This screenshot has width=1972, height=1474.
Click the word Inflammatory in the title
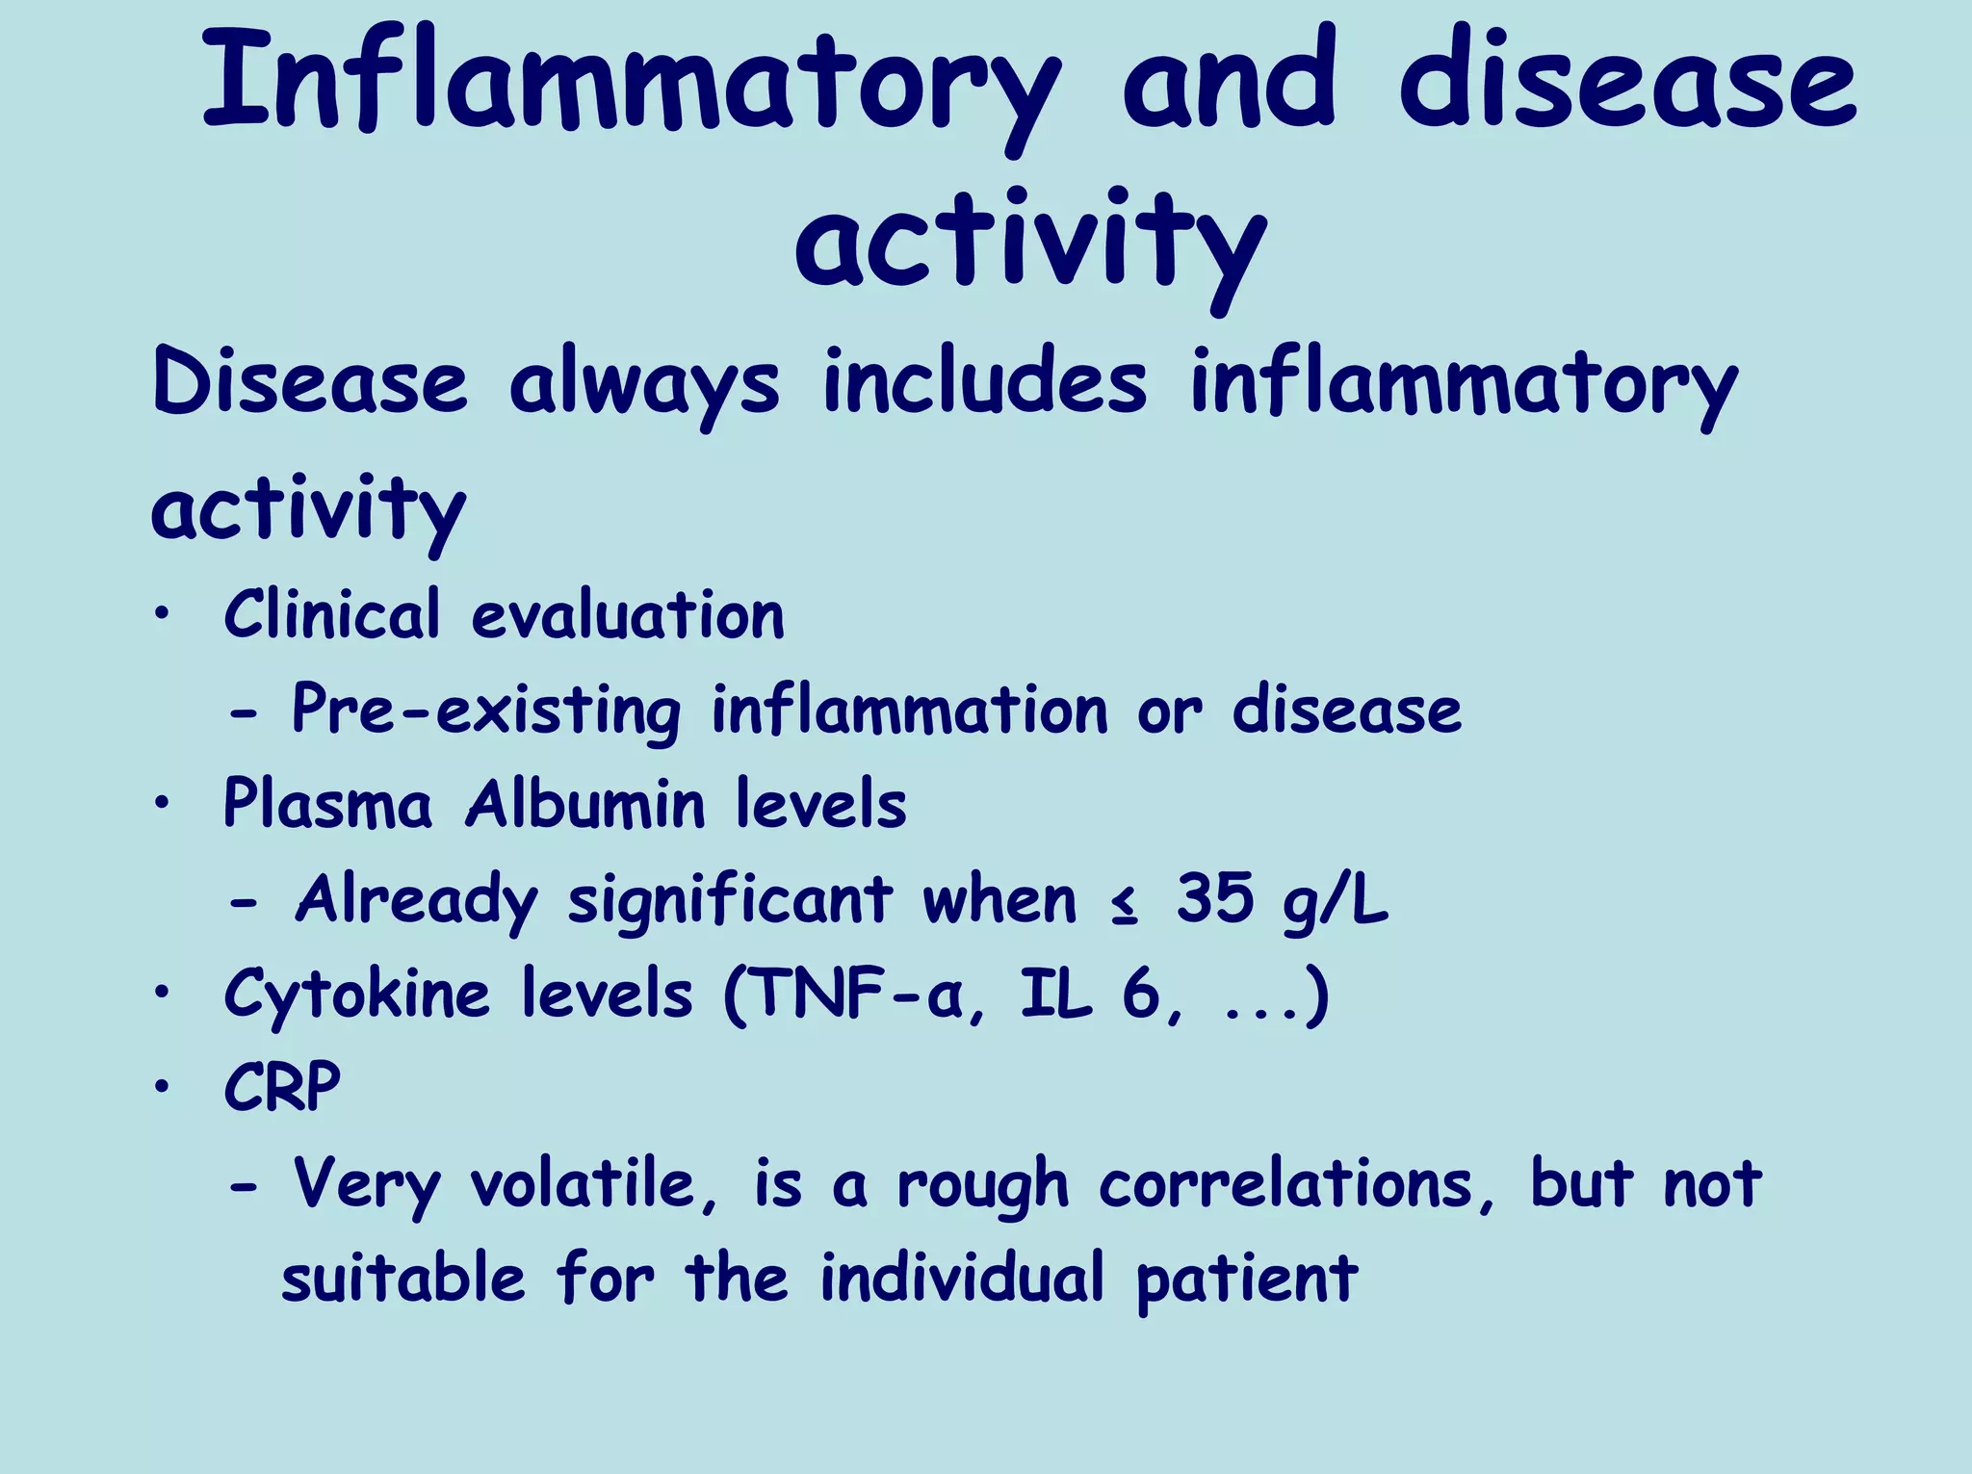(631, 82)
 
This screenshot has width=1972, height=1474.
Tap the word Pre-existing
(487, 711)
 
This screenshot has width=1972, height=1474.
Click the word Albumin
(584, 804)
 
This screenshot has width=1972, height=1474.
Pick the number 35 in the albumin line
(1215, 898)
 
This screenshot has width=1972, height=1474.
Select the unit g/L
(1336, 900)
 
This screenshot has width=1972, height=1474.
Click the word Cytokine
(357, 995)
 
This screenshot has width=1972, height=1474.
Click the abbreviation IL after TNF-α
(1056, 994)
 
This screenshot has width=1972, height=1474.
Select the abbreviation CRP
(282, 1087)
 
